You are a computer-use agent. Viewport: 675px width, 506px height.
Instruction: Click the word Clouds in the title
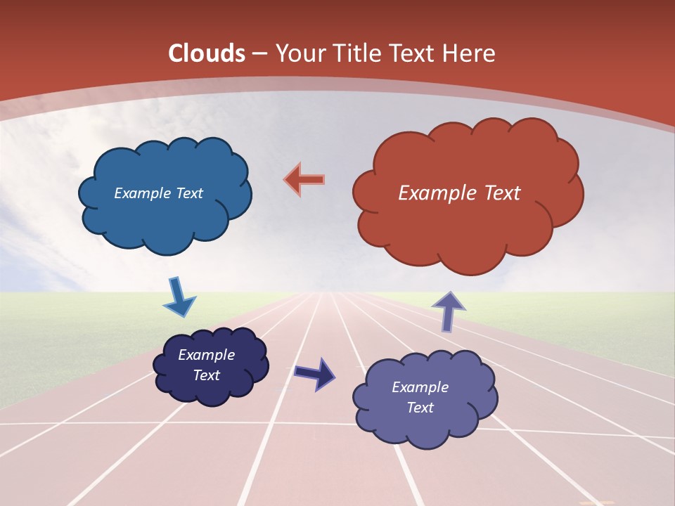coord(207,53)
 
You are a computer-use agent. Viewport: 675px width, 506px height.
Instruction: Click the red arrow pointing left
coord(304,179)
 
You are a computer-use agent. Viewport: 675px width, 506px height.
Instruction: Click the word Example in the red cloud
coord(435,193)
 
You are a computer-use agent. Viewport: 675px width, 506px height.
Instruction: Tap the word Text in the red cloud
coord(499,193)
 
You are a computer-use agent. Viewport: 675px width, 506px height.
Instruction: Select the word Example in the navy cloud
coord(206,355)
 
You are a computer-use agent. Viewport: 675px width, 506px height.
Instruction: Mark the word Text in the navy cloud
coord(206,375)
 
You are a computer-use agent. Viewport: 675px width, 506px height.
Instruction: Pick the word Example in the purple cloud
coord(420,387)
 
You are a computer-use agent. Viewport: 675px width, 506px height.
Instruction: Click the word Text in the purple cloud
coord(420,408)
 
